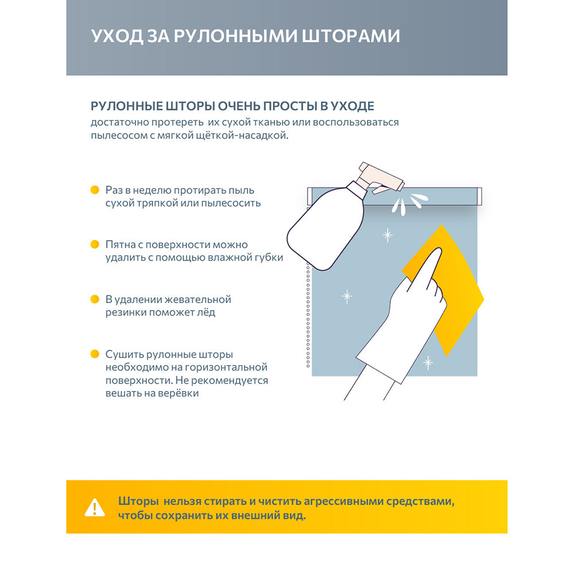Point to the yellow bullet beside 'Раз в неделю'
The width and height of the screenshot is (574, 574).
pyautogui.click(x=95, y=190)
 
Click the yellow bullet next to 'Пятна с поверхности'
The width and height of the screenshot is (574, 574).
pyautogui.click(x=95, y=245)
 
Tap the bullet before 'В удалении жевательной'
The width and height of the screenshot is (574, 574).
pyautogui.click(x=95, y=300)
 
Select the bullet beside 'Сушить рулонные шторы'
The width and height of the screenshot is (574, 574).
pyautogui.click(x=95, y=355)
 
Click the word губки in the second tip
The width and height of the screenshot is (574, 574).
pyautogui.click(x=269, y=258)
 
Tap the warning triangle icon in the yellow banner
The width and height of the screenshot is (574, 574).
pyautogui.click(x=95, y=507)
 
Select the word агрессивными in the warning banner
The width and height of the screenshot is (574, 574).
pyautogui.click(x=338, y=501)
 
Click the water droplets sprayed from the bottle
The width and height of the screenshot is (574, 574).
pyautogui.click(x=409, y=202)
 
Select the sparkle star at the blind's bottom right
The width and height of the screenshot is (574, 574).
pyautogui.click(x=428, y=362)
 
